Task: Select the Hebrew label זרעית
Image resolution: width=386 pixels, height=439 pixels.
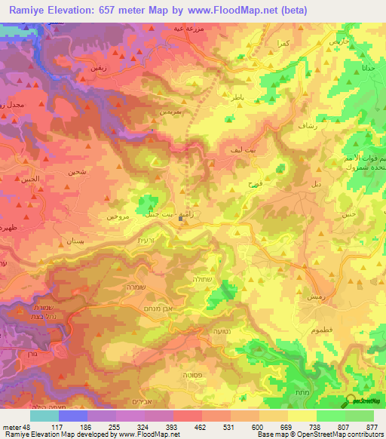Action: (x=153, y=240)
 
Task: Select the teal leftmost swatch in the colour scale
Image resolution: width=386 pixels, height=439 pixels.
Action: (x=44, y=416)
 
